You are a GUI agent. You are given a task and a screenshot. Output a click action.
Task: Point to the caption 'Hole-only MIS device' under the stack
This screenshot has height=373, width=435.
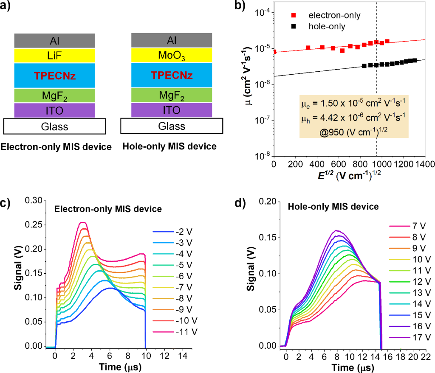[169, 147]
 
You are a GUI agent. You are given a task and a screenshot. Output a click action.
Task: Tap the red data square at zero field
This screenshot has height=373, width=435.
[274, 52]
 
